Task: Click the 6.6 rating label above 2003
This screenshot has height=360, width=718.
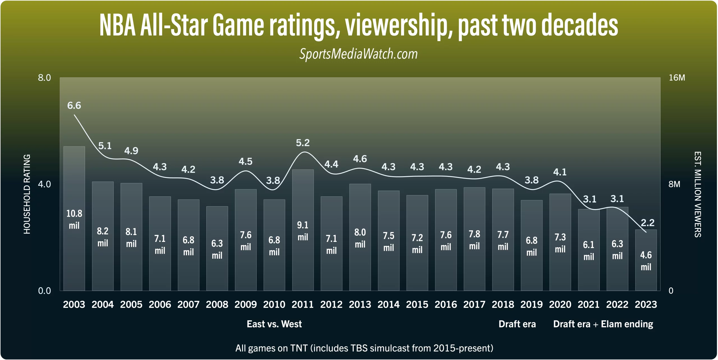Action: tap(74, 106)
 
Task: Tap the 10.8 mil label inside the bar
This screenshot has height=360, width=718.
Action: tap(74, 219)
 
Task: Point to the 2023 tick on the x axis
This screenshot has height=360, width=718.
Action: tap(646, 304)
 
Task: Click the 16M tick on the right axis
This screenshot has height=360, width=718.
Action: tap(677, 78)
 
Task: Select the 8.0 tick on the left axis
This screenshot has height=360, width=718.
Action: tap(44, 78)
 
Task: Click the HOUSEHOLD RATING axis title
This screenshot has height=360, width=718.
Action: tap(27, 194)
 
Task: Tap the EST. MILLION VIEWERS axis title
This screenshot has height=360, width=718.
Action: tap(698, 194)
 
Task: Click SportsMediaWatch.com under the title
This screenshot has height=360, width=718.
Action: tap(358, 54)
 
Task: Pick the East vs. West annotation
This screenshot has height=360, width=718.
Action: tap(274, 324)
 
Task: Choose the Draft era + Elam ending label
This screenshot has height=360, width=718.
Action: tap(603, 324)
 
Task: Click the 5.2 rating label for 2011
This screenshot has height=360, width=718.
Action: tap(303, 143)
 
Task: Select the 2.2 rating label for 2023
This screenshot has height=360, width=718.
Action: tap(648, 223)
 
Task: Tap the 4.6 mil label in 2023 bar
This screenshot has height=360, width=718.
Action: tap(646, 261)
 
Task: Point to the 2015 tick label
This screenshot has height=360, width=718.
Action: tap(417, 304)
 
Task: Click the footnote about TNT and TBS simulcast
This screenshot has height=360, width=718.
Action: tap(364, 348)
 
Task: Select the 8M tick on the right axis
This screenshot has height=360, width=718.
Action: tap(675, 184)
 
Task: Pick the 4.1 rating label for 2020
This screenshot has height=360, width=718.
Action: tap(560, 172)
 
